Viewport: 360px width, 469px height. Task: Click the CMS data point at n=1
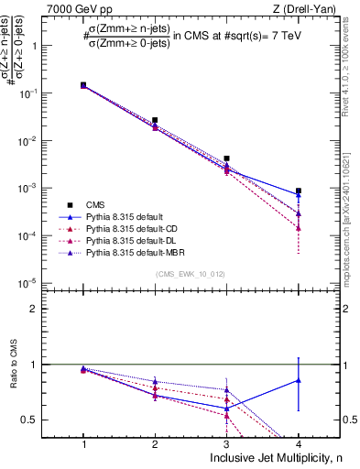[x=83, y=84]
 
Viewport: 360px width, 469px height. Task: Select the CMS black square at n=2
[x=155, y=120]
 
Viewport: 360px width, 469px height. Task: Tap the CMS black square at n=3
[x=226, y=158]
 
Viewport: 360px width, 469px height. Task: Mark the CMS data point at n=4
[x=298, y=191]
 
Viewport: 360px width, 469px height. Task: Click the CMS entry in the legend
[x=95, y=204]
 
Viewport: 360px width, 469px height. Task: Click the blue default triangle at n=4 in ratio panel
[x=298, y=379]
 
